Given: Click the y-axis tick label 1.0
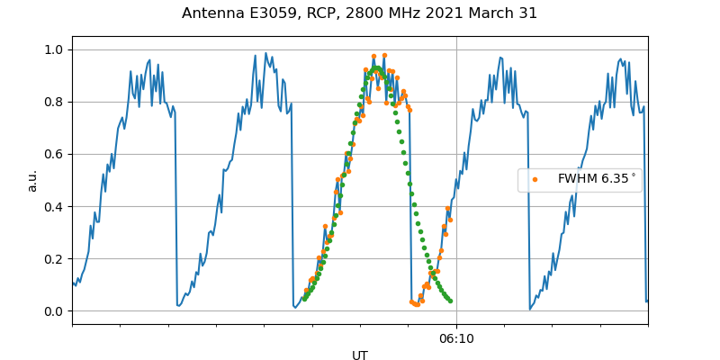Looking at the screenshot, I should (54, 49).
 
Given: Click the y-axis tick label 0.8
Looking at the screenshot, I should (54, 102).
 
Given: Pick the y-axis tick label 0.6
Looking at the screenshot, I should (54, 154).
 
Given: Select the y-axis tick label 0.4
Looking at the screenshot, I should (54, 206).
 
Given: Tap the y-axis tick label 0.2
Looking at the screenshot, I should (54, 259).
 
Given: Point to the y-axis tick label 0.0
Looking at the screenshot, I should (54, 311).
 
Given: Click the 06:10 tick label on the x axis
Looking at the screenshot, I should (456, 338).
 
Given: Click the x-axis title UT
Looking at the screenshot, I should (360, 355).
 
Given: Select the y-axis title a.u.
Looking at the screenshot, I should (32, 180).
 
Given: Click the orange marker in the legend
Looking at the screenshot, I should (535, 179).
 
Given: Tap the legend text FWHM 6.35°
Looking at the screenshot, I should (597, 179).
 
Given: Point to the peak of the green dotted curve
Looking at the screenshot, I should (376, 68).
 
